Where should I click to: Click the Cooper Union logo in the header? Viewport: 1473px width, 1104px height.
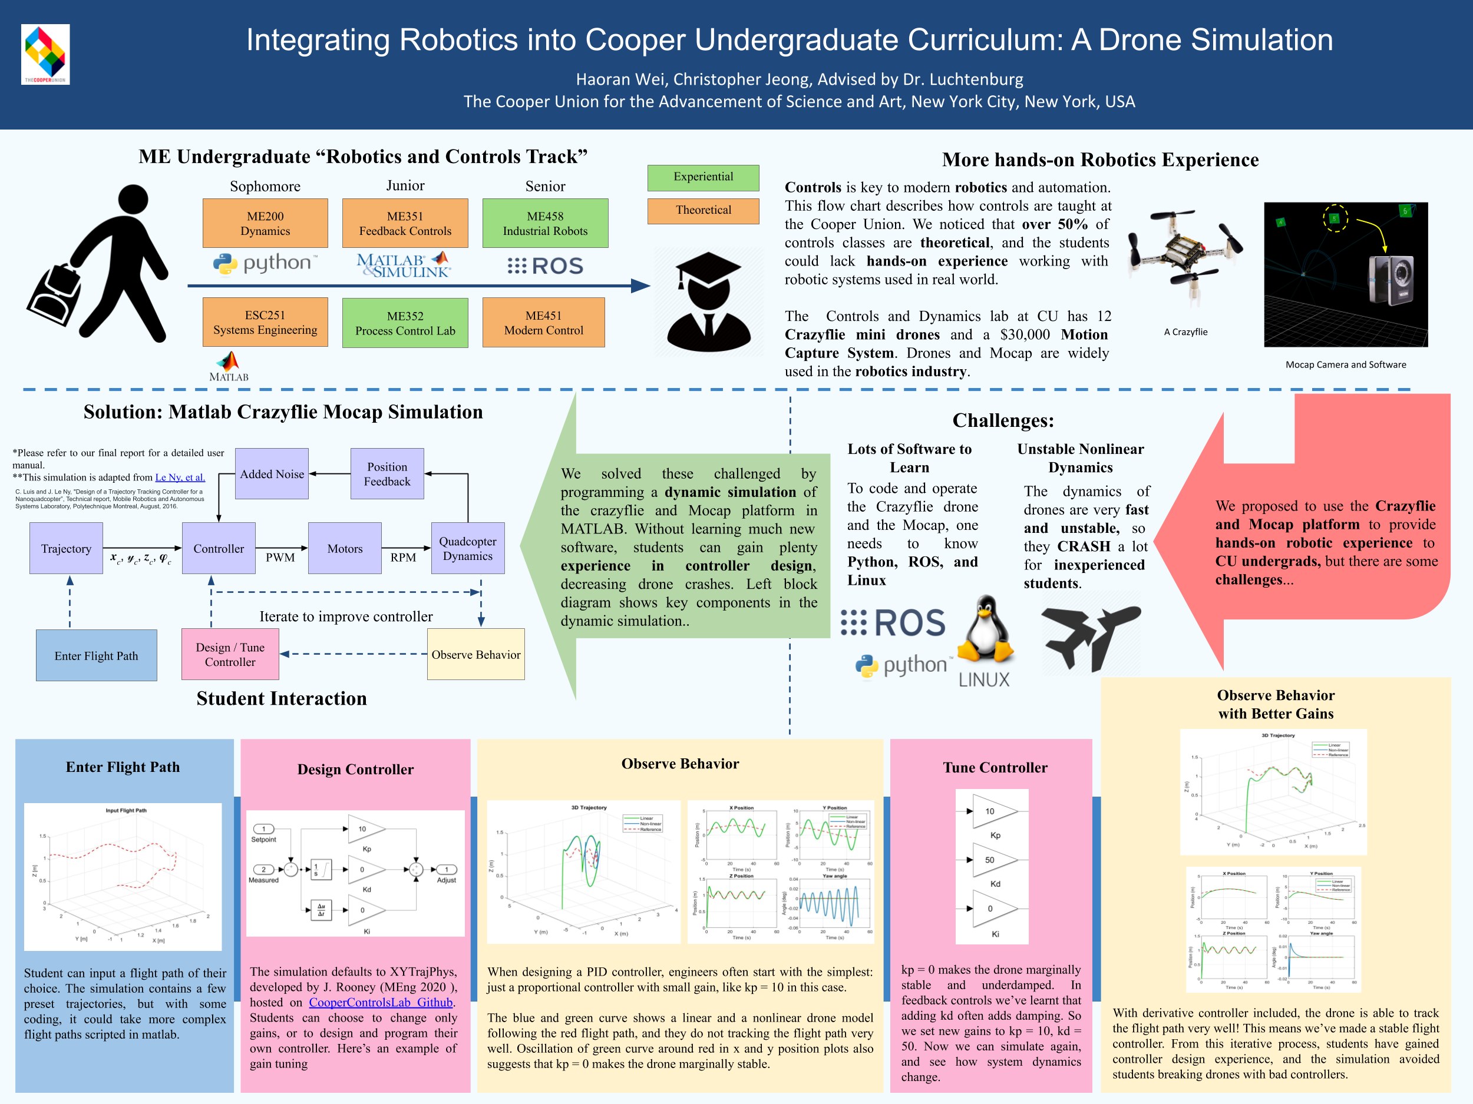pos(45,54)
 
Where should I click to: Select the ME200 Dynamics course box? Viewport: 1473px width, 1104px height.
pos(265,223)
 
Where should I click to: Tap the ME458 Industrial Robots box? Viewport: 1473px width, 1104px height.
pos(545,223)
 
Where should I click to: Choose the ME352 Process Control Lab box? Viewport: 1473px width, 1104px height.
pos(405,323)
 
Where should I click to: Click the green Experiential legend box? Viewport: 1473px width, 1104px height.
pos(702,177)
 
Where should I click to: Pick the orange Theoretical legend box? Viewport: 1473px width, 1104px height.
pos(702,210)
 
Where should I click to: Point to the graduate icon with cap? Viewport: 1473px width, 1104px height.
pos(708,301)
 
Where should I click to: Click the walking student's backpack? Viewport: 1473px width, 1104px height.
pos(57,297)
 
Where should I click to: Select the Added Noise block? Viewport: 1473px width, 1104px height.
pos(272,474)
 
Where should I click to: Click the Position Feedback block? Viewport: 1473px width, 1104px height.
pos(387,474)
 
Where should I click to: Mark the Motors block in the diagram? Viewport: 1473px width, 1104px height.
pos(345,548)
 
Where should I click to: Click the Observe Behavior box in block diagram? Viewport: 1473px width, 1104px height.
pos(475,654)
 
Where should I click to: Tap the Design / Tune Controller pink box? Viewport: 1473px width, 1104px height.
pos(230,654)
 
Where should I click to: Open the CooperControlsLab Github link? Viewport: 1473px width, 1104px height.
pos(381,1002)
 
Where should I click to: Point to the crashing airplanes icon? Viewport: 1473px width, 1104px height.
pos(1090,638)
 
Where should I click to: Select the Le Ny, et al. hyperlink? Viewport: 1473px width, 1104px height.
pos(180,477)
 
